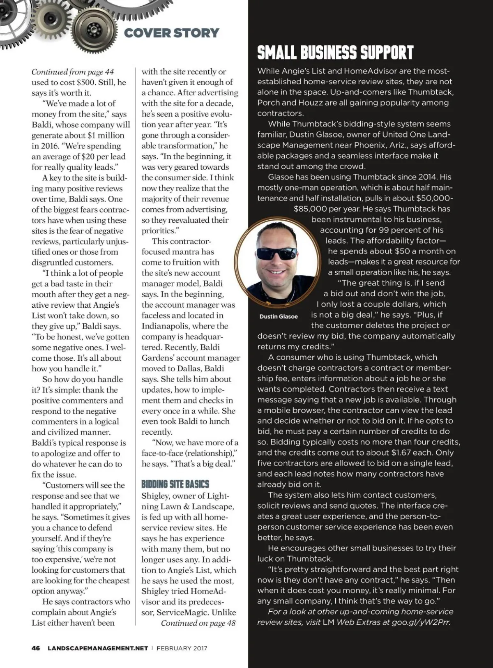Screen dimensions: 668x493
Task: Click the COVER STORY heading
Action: [x=171, y=33]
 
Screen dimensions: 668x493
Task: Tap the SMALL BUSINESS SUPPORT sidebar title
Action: [x=335, y=53]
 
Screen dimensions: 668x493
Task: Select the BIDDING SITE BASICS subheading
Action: [x=175, y=484]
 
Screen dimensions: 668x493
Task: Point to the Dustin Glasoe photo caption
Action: [x=279, y=316]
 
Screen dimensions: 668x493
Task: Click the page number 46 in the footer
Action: [x=36, y=648]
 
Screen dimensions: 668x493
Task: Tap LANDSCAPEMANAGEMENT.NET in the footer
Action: [x=98, y=648]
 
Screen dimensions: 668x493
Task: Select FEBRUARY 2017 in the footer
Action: [x=182, y=648]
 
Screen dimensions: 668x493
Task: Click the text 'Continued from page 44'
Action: [x=73, y=72]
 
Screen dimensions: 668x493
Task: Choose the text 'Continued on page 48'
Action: [x=198, y=623]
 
